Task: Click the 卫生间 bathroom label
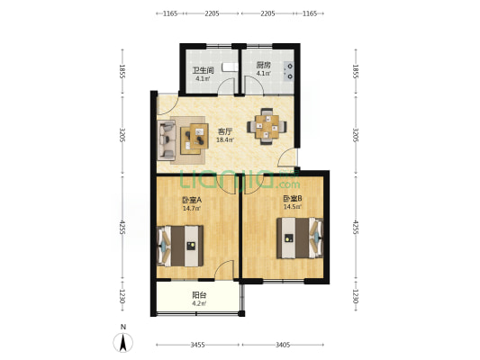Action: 203,70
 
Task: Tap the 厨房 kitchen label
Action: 263,65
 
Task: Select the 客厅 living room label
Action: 225,131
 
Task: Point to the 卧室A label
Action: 192,200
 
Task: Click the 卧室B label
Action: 293,199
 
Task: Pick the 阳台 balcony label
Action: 199,295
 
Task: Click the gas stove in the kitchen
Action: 289,71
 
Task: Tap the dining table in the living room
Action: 267,126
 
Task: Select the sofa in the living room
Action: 167,139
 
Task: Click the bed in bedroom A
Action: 180,246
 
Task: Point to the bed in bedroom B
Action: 300,238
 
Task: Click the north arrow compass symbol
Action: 123,343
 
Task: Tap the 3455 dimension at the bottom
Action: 197,345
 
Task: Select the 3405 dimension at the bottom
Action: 283,345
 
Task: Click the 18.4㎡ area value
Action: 225,140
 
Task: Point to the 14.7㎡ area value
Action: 192,209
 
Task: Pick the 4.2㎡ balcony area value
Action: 199,303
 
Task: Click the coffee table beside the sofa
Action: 195,139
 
